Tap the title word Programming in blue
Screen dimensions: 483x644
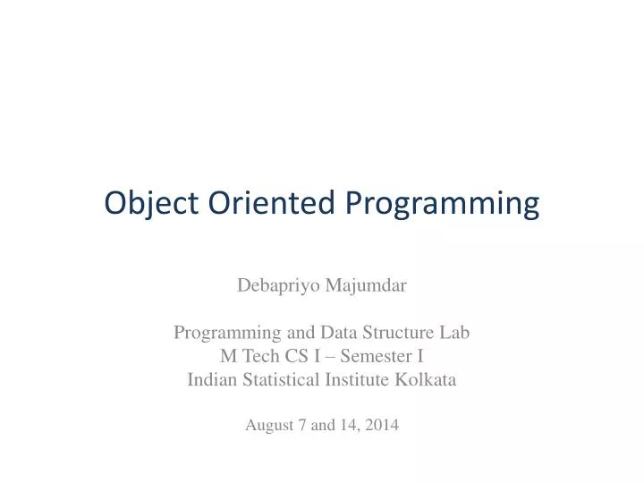442,205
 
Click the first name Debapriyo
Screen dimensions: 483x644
273,286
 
